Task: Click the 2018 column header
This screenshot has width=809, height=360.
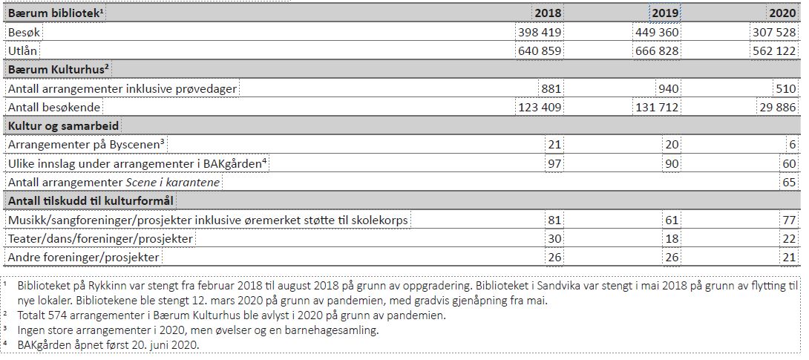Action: coord(548,13)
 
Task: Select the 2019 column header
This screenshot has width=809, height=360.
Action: coord(664,13)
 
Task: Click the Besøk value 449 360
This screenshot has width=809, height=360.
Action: coord(657,33)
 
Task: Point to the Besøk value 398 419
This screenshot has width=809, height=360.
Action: coord(540,33)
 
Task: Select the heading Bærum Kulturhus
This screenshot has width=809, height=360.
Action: coord(58,69)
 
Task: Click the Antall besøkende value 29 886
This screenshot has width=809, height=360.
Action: coord(779,108)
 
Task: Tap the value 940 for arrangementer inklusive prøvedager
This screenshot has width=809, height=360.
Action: coord(669,89)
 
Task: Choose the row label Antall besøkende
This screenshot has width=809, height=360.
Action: coord(53,108)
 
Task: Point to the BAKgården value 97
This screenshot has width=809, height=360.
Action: coord(554,163)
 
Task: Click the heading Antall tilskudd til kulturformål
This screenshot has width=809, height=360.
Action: coord(91,200)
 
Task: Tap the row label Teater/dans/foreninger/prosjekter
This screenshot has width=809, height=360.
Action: coord(100,239)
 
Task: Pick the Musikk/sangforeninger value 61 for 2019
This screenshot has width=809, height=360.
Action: coord(672,220)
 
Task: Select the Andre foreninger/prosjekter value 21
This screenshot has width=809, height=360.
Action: coord(788,258)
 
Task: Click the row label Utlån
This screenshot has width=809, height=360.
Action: coord(22,51)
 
